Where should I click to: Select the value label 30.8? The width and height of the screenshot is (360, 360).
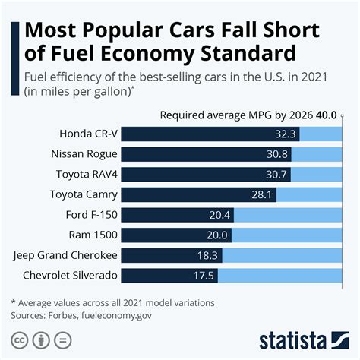280,154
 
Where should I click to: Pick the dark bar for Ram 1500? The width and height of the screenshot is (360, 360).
167,235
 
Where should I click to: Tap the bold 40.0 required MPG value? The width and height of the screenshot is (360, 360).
327,115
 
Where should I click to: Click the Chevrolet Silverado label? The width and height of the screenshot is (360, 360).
68,275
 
